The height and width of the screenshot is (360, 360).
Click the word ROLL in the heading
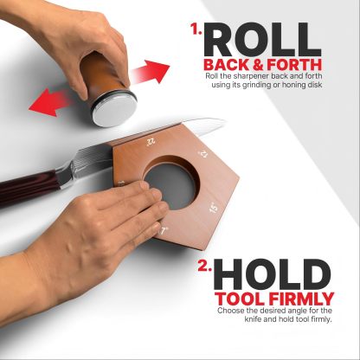(263, 40)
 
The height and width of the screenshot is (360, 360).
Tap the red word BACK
(227, 65)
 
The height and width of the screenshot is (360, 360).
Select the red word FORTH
(294, 65)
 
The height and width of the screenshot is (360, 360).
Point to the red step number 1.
(196, 29)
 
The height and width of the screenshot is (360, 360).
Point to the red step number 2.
(205, 266)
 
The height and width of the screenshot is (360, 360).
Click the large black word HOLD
(272, 274)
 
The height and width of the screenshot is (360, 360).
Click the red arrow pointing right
(150, 72)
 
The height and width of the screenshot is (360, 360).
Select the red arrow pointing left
(49, 102)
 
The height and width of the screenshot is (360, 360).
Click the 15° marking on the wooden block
(214, 208)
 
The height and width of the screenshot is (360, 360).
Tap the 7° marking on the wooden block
(164, 231)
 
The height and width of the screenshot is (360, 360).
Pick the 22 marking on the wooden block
(151, 142)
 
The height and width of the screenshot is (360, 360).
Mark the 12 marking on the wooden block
(203, 154)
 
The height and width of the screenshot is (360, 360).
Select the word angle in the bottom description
(298, 312)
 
